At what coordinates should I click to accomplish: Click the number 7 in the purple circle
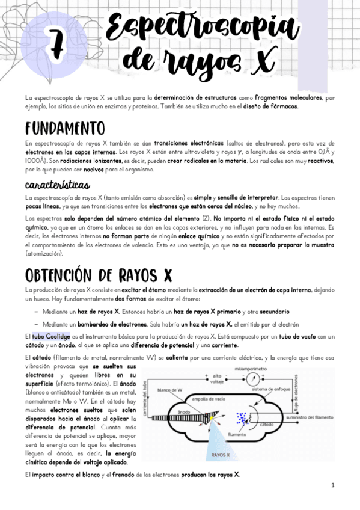58,45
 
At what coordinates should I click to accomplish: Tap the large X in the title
261,60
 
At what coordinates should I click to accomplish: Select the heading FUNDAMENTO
65,129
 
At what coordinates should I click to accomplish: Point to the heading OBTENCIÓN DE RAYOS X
99,275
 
